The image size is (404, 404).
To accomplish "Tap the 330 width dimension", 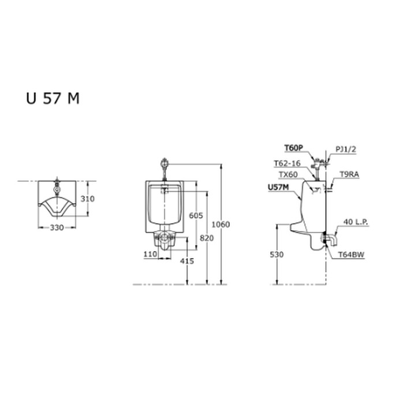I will click(56, 228).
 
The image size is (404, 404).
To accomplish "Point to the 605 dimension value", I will click(196, 215).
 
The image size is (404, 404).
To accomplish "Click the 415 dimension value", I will click(186, 261).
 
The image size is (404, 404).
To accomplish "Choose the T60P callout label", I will click(293, 148).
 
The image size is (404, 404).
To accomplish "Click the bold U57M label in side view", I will click(280, 187).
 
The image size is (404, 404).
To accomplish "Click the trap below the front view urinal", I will click(164, 239).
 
